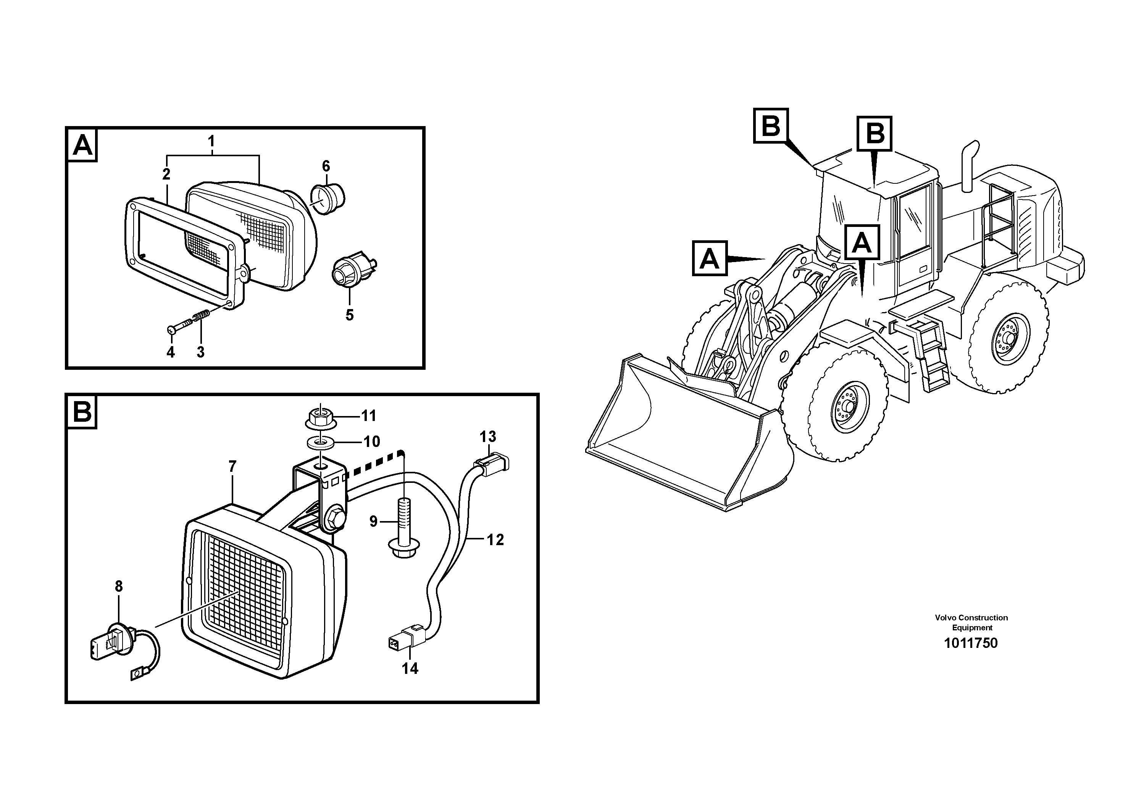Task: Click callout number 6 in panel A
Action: [326, 166]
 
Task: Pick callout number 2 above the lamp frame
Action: [166, 174]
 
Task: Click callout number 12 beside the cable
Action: [495, 540]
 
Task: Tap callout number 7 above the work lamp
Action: [232, 466]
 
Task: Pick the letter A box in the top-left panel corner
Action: [82, 146]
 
